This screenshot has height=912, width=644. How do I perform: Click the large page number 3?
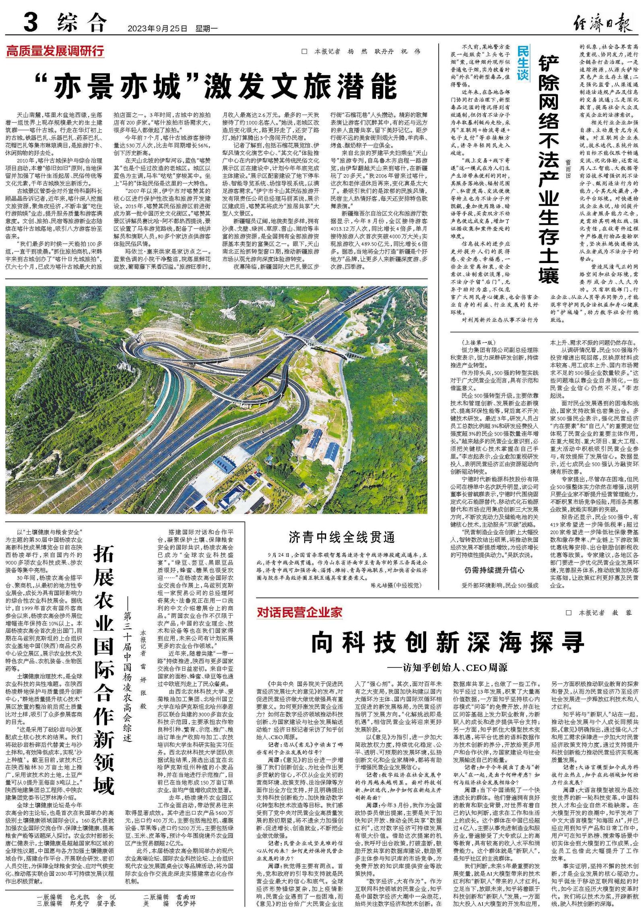pos(31,23)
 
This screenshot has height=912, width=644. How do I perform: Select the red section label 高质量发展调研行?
pos(55,51)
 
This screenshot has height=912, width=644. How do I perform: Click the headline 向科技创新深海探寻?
pos(447,642)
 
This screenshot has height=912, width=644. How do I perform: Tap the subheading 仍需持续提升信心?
pos(494,570)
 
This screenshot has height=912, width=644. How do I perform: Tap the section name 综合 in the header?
pos(82,23)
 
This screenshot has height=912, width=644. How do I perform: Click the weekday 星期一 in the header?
pos(206,29)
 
